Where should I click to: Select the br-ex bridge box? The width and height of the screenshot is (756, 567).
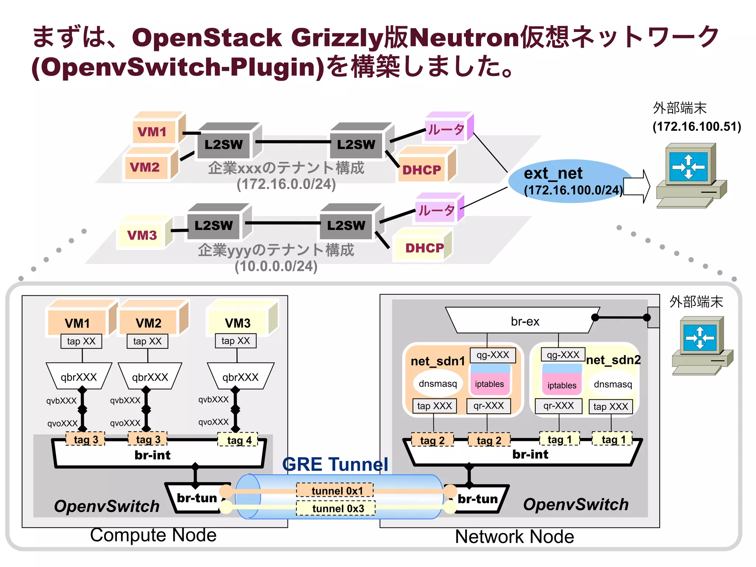coord(524,321)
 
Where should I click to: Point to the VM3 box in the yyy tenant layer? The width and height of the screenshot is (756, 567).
coord(142,235)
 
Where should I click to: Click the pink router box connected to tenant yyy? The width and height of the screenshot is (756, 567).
coord(436,210)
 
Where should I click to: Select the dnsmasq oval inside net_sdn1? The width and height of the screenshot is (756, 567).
coord(437,384)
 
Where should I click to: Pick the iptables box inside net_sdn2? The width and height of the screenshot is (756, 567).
coord(561,385)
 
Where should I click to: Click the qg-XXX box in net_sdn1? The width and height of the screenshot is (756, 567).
coord(492,355)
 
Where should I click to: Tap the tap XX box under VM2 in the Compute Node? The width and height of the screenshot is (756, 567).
coord(147,341)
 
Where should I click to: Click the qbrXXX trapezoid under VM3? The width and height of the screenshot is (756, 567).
coord(240,377)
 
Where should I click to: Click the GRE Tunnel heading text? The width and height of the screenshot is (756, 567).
coord(335,464)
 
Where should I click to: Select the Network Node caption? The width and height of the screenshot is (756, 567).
coord(514,536)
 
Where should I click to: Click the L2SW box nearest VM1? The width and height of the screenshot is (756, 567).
coord(224,144)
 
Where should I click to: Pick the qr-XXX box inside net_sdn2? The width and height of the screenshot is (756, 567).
coord(558,406)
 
